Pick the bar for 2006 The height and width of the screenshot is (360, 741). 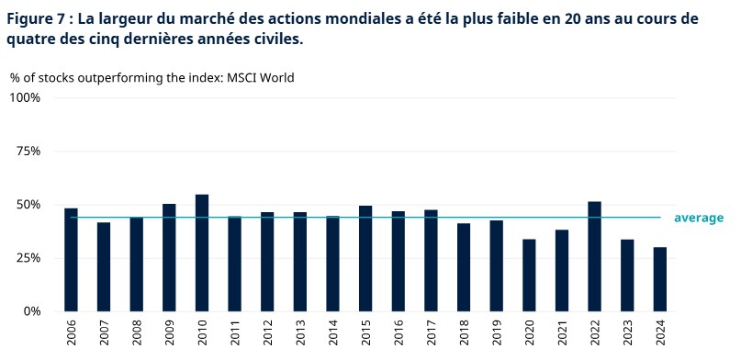pos(71,260)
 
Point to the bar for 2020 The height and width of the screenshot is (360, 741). pos(530,276)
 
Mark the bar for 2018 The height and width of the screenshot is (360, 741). pos(464,267)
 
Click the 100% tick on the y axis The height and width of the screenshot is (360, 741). pos(26,97)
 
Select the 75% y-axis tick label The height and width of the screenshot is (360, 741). pos(28,152)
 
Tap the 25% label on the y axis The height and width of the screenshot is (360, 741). pos(28,258)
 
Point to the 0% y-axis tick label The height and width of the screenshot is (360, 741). pos(31,311)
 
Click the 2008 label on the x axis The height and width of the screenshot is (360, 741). pos(137,332)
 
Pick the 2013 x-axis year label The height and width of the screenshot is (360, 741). pos(300,332)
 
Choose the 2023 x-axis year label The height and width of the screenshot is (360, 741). pos(628,332)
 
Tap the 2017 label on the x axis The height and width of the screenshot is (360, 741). pos(432,332)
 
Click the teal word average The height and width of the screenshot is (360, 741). pos(699,218)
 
